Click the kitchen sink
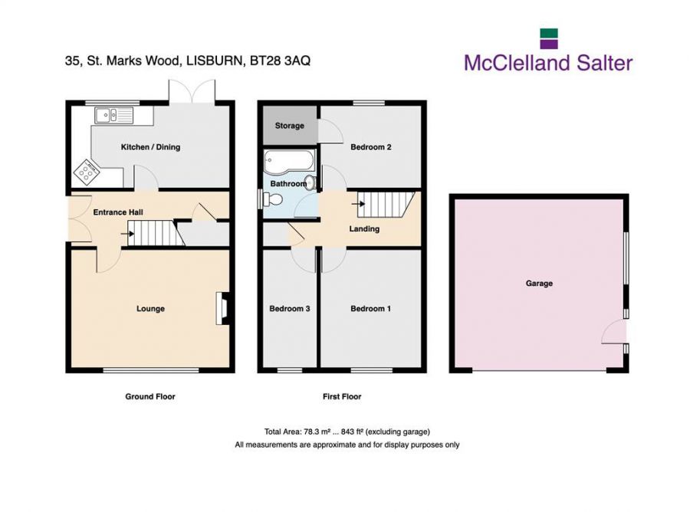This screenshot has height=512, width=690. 113,115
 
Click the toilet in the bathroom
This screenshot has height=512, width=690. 272,200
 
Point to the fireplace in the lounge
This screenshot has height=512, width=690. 222,308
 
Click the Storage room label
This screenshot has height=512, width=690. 290,126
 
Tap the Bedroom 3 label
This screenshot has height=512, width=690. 290,309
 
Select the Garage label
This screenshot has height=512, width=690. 539,284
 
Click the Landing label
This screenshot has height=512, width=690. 364,228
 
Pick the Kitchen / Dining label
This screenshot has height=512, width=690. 150,147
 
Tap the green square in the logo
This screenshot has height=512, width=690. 549,34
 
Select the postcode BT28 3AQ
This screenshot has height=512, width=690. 280,61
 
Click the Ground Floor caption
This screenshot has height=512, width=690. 150,396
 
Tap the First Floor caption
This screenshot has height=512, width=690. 342,396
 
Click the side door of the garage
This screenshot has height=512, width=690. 614,331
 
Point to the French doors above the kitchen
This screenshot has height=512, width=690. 192,91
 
